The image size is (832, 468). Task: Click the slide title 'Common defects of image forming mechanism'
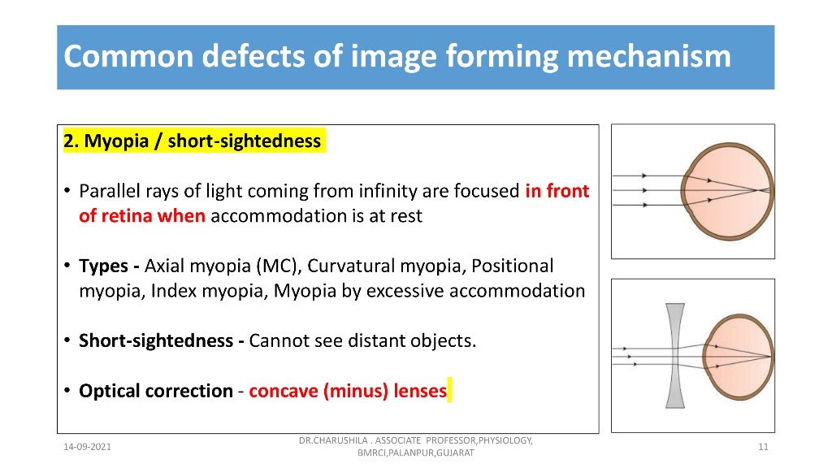point(397,58)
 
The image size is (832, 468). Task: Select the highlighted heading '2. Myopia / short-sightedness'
point(193,141)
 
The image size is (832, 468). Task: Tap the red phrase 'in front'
point(557,192)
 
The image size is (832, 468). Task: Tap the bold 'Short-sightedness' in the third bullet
point(157,340)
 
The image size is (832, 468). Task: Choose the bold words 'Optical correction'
point(155,391)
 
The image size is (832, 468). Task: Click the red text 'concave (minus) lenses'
point(348,391)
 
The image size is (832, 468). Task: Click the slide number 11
point(763,447)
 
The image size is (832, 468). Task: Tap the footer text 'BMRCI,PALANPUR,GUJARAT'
point(415,453)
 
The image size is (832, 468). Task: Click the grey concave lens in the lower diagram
point(675,355)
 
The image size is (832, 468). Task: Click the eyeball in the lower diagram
point(739,355)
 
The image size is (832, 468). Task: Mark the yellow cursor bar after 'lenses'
point(449,391)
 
